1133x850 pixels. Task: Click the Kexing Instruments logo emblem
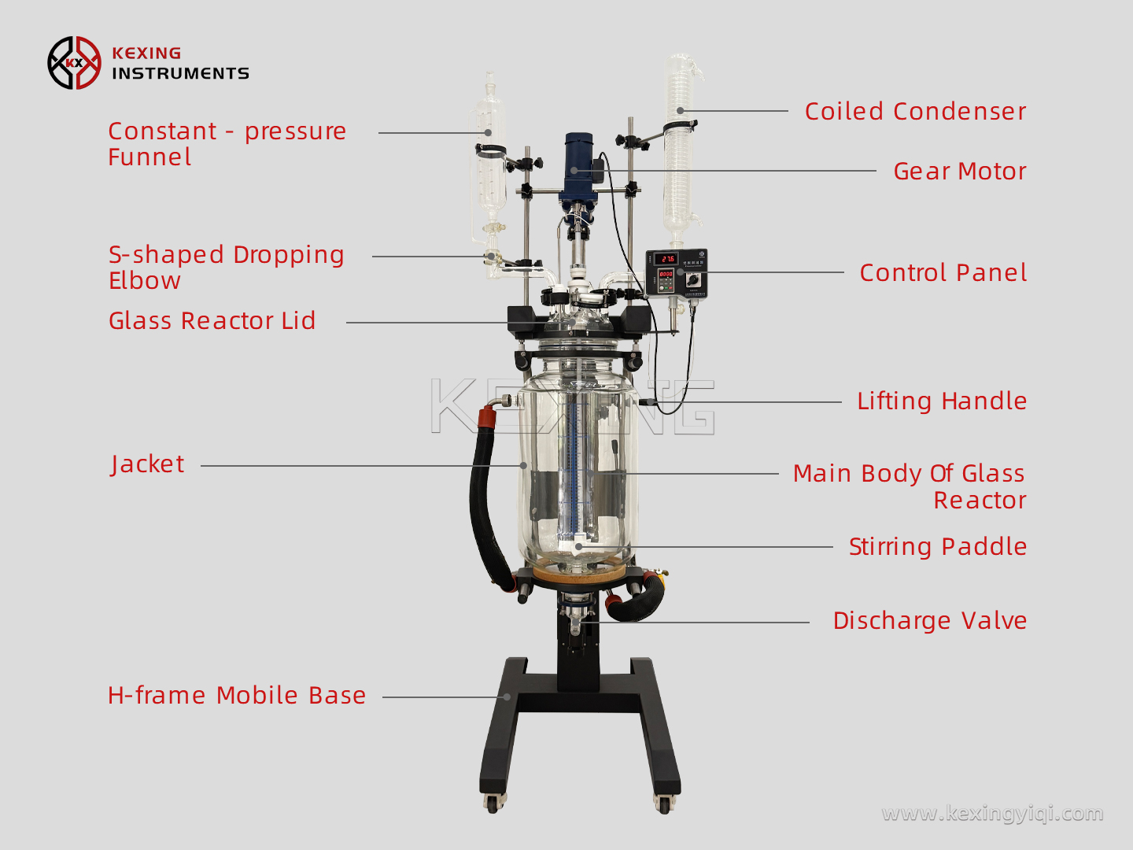[74, 63]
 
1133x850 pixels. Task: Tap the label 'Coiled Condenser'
[915, 112]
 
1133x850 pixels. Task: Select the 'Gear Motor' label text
[959, 172]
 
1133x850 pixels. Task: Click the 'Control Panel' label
[943, 273]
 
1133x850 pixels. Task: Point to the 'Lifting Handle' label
[941, 401]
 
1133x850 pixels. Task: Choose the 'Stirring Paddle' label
[937, 547]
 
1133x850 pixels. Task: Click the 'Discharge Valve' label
[929, 621]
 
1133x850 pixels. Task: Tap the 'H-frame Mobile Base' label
[237, 696]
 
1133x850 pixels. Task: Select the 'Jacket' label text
[148, 464]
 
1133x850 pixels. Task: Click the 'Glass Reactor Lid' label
[212, 321]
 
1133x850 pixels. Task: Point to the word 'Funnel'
[149, 157]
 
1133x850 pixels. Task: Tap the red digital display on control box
[667, 259]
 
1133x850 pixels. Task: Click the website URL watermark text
[992, 813]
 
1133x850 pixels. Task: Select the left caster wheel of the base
[493, 804]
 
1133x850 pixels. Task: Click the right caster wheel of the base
[663, 804]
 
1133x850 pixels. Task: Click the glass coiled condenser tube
[678, 150]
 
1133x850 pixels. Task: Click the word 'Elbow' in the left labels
[145, 281]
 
